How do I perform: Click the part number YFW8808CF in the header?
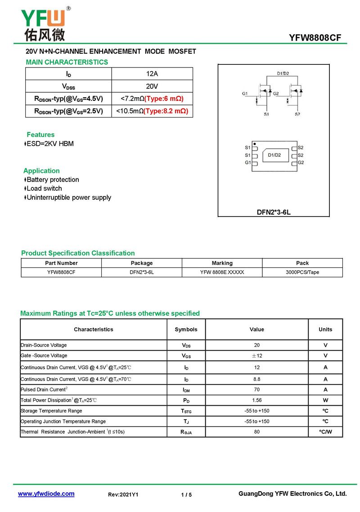315,38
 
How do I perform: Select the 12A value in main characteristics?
152,74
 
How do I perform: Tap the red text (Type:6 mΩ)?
164,99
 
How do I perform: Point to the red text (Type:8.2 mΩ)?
166,111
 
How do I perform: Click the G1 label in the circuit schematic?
245,94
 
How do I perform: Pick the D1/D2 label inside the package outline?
274,155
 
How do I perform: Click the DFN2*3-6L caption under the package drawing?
274,212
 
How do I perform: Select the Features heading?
40,135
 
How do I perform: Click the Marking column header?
222,263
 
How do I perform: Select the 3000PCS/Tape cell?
302,272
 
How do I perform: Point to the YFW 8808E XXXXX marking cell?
222,272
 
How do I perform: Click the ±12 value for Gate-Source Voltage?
257,356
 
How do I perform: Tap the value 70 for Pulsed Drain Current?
257,390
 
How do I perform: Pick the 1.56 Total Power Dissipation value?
257,400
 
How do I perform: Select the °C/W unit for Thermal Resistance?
325,432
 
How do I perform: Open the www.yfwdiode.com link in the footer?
46,494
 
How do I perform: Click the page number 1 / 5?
186,495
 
